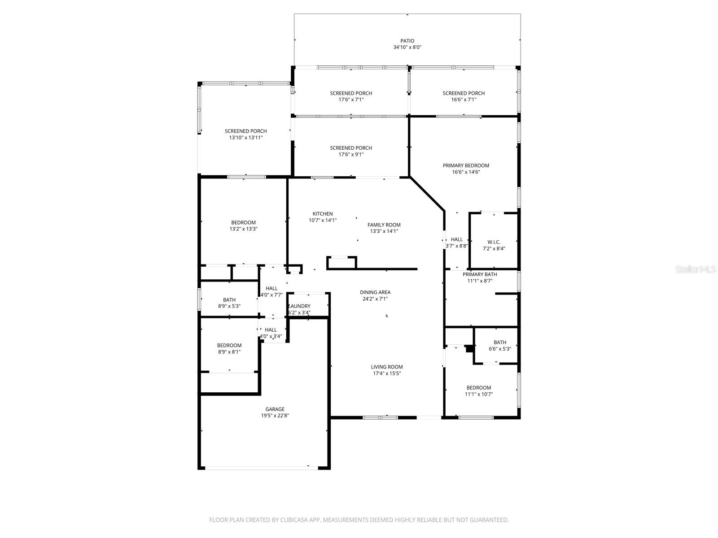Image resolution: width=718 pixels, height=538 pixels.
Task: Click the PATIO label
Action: point(407,41)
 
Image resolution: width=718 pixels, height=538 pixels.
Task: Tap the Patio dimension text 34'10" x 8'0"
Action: point(407,47)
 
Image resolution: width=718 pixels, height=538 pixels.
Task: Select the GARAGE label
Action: point(275,409)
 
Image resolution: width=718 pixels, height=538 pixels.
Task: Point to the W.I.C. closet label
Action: point(494,242)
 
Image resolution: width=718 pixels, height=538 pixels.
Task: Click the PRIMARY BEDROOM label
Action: point(465,165)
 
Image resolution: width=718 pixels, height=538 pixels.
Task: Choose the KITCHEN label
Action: point(323,214)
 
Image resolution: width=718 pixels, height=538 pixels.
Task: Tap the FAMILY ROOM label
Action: point(384,225)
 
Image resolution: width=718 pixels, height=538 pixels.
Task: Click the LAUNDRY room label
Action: point(299,306)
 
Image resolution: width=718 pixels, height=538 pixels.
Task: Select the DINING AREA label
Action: point(375,292)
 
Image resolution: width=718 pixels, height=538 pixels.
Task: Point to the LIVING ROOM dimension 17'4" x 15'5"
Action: point(386,373)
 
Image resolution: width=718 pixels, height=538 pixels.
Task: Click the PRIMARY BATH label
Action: point(480,274)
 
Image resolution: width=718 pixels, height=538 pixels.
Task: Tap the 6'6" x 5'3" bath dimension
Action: point(499,349)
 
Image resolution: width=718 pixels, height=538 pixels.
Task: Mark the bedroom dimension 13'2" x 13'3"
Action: point(243,229)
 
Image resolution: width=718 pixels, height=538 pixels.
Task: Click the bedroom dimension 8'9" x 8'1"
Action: point(229,352)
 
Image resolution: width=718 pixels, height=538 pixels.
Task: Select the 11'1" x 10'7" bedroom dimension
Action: point(478,394)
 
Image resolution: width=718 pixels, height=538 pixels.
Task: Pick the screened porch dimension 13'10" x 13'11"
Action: point(245,138)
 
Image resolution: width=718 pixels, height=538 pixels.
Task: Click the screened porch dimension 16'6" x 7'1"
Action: point(463,100)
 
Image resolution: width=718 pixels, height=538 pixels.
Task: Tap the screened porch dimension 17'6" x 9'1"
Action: point(350,154)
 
